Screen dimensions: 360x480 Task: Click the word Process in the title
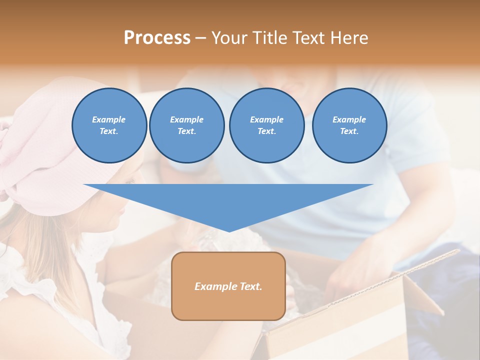pyautogui.click(x=157, y=38)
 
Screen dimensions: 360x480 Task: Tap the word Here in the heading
pyautogui.click(x=348, y=38)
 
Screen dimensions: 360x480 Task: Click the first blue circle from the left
pyautogui.click(x=109, y=125)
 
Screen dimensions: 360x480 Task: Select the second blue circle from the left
pyautogui.click(x=186, y=125)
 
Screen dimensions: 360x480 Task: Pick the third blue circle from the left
pyautogui.click(x=266, y=125)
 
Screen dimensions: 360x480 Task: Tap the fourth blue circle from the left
pyautogui.click(x=349, y=125)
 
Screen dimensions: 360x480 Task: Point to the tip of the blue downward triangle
pyautogui.click(x=229, y=230)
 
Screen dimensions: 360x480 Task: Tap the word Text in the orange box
pyautogui.click(x=251, y=286)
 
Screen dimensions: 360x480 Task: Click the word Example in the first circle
pyautogui.click(x=109, y=119)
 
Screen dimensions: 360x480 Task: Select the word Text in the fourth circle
pyautogui.click(x=348, y=131)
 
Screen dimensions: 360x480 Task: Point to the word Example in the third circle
pyautogui.click(x=266, y=119)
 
